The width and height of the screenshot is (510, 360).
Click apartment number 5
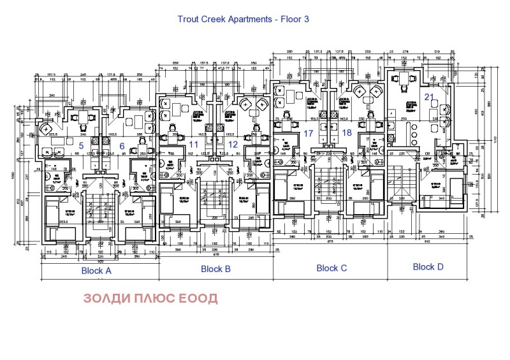coord(80,145)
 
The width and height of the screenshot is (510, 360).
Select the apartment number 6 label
coord(120,145)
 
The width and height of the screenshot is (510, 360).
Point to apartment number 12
coord(233,145)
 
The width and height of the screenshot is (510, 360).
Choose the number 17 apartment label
coord(309,133)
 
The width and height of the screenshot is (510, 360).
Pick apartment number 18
coord(347,133)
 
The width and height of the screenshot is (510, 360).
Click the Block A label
coord(96,270)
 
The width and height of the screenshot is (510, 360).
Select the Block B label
coord(215,269)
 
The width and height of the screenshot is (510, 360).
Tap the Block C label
coord(331,268)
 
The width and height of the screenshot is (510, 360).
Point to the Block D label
coord(428,267)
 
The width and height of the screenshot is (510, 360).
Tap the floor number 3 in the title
coord(306,19)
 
